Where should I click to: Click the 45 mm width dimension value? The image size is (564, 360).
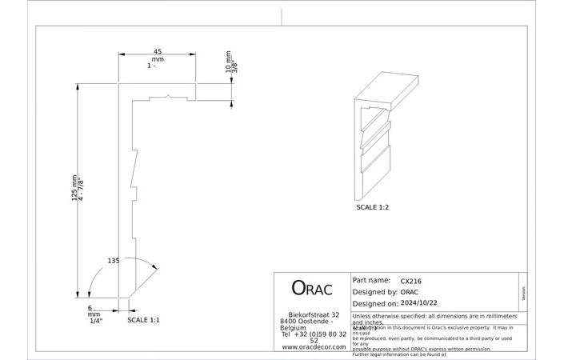[x=157, y=52]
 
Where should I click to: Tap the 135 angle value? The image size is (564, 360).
[x=114, y=261]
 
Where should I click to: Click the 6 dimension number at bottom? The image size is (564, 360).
[x=90, y=308]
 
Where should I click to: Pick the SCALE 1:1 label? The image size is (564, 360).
[x=144, y=320]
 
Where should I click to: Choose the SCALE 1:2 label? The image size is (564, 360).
[x=373, y=206]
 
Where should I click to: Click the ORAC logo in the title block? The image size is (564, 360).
[x=310, y=288]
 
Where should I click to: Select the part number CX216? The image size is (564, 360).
[x=411, y=281]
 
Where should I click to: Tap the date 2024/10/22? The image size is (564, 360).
[x=420, y=304]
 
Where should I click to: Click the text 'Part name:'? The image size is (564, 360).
[x=371, y=281]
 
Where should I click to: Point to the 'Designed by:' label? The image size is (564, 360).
[x=374, y=292]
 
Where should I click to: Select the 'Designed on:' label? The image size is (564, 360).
[x=374, y=304]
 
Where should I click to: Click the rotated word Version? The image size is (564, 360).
[x=523, y=292]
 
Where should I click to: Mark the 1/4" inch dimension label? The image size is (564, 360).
[x=95, y=321]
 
